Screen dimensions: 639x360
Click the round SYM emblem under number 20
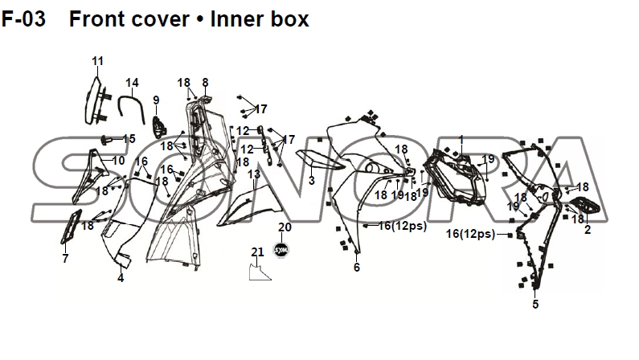tap(281, 250)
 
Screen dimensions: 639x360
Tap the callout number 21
tap(257, 252)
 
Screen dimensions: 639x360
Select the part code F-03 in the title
tap(23, 19)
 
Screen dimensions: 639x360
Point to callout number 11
tap(97, 61)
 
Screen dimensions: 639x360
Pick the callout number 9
tap(156, 100)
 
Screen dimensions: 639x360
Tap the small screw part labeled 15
tap(107, 140)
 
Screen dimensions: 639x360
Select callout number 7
tap(65, 258)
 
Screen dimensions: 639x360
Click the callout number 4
tap(121, 278)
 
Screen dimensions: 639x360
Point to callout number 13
tap(254, 174)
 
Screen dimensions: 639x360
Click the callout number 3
tap(312, 181)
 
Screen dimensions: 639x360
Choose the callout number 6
tap(357, 268)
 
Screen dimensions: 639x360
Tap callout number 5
tap(535, 305)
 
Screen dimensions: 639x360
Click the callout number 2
tap(588, 230)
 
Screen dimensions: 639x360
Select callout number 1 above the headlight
tap(461, 140)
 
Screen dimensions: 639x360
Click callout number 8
tap(205, 83)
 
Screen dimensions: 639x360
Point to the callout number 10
tap(119, 161)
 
